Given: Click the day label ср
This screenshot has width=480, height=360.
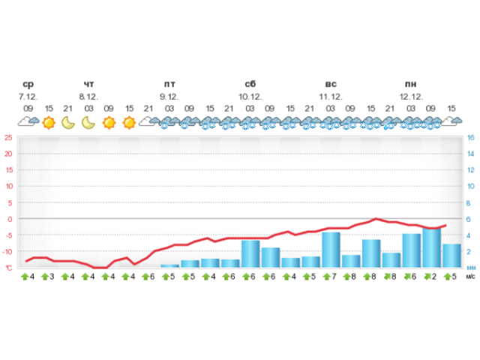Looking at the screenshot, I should [28, 85].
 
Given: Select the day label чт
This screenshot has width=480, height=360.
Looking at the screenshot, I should [88, 85].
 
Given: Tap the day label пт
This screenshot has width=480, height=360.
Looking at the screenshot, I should [169, 85].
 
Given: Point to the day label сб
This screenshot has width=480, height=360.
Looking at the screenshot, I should [250, 85].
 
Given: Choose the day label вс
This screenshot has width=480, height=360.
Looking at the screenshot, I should [331, 85].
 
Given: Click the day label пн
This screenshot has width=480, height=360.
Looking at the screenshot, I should [411, 85].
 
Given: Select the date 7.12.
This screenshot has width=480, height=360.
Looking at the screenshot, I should [28, 97].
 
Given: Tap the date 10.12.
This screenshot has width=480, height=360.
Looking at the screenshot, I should [250, 97].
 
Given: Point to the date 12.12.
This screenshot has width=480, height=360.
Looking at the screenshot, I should [411, 97].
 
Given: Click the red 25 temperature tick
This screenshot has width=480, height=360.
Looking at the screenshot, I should [8, 137].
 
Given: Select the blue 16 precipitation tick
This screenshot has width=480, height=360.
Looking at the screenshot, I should [470, 137].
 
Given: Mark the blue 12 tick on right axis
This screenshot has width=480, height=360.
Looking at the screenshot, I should [470, 170].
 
